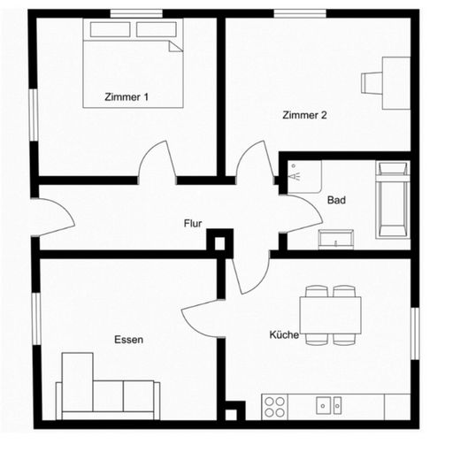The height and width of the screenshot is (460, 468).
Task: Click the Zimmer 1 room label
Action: (x=127, y=98)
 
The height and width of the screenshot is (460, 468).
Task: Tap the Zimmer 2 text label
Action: (x=304, y=115)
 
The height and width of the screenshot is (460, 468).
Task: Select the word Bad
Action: (x=336, y=201)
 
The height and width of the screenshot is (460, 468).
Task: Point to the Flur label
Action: (x=193, y=224)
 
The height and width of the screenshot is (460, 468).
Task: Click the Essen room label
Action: (x=128, y=339)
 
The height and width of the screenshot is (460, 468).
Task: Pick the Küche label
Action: (x=284, y=335)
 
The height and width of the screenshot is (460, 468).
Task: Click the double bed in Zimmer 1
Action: (x=134, y=63)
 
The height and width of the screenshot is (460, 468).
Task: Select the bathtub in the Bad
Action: (x=392, y=200)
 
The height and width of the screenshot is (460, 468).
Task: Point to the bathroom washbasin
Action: (x=336, y=238)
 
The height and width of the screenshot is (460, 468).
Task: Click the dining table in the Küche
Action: (x=329, y=315)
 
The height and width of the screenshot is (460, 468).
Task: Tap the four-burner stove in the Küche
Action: (x=275, y=406)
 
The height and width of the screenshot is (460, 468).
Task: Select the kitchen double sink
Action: (x=329, y=405)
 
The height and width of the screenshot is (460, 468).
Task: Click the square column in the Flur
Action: (x=219, y=241)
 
